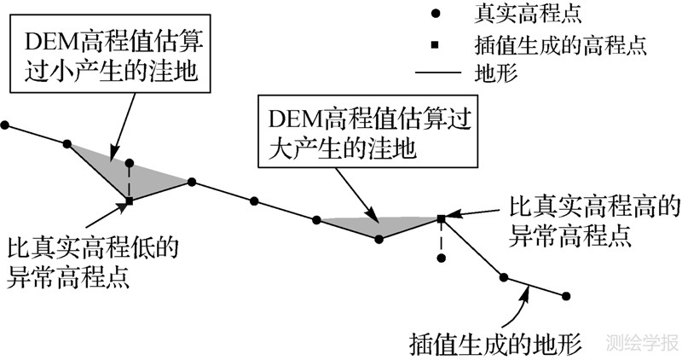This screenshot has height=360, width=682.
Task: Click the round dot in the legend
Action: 436,15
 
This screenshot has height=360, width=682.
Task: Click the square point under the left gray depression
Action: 130,201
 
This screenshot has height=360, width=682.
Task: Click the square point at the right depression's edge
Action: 441,219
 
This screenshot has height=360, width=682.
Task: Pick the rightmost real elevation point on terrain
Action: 565,295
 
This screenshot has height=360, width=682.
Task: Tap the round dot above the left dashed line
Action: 130,161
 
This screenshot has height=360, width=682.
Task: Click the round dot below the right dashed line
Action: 441,257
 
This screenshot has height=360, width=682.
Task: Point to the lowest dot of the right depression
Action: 379,239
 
